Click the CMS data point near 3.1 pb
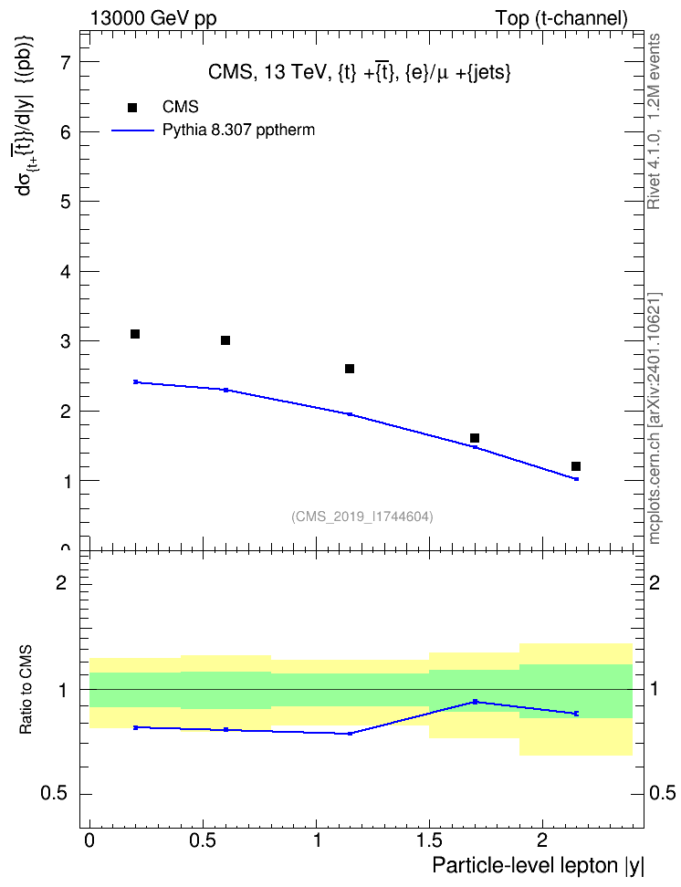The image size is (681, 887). [135, 334]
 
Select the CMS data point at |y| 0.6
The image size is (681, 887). [225, 340]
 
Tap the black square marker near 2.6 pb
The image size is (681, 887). [350, 369]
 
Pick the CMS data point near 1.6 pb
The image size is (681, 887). [475, 438]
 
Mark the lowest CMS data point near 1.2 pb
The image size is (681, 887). [576, 466]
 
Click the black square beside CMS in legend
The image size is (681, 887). [132, 108]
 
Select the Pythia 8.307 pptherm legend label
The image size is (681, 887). [238, 130]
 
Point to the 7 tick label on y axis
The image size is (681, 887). [66, 62]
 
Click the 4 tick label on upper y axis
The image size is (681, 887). [66, 272]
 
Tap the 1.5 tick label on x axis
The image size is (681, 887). [430, 840]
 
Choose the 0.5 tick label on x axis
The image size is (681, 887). [203, 840]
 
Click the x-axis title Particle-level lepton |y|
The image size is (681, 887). [538, 866]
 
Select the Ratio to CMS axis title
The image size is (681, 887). [26, 690]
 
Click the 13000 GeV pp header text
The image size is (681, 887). [153, 18]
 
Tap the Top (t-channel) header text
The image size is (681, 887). [561, 18]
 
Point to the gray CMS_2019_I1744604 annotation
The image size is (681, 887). [362, 517]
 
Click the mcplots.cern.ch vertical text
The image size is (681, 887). [655, 418]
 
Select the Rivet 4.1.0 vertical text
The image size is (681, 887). [655, 121]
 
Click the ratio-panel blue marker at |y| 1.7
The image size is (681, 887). [475, 702]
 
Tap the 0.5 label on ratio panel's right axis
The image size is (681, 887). [663, 794]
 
